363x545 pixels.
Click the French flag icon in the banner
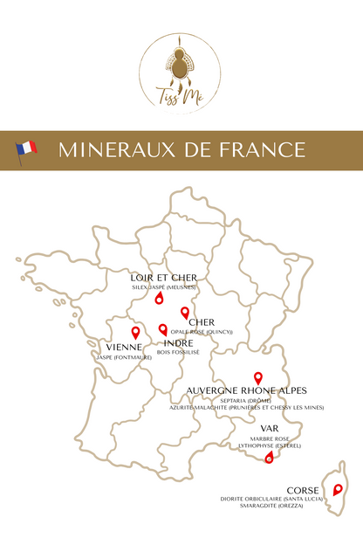(x=26, y=148)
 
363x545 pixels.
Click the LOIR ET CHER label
(x=163, y=277)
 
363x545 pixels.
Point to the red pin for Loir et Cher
(x=159, y=299)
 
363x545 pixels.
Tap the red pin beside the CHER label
(x=184, y=313)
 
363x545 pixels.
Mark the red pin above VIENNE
(x=135, y=332)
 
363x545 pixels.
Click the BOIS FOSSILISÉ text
(x=178, y=352)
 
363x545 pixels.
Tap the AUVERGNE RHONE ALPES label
(x=246, y=390)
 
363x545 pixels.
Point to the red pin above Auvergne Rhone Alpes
(x=257, y=377)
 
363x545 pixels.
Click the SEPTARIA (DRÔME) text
(x=246, y=400)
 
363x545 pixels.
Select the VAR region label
(x=270, y=428)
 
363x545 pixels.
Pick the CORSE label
(x=303, y=490)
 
